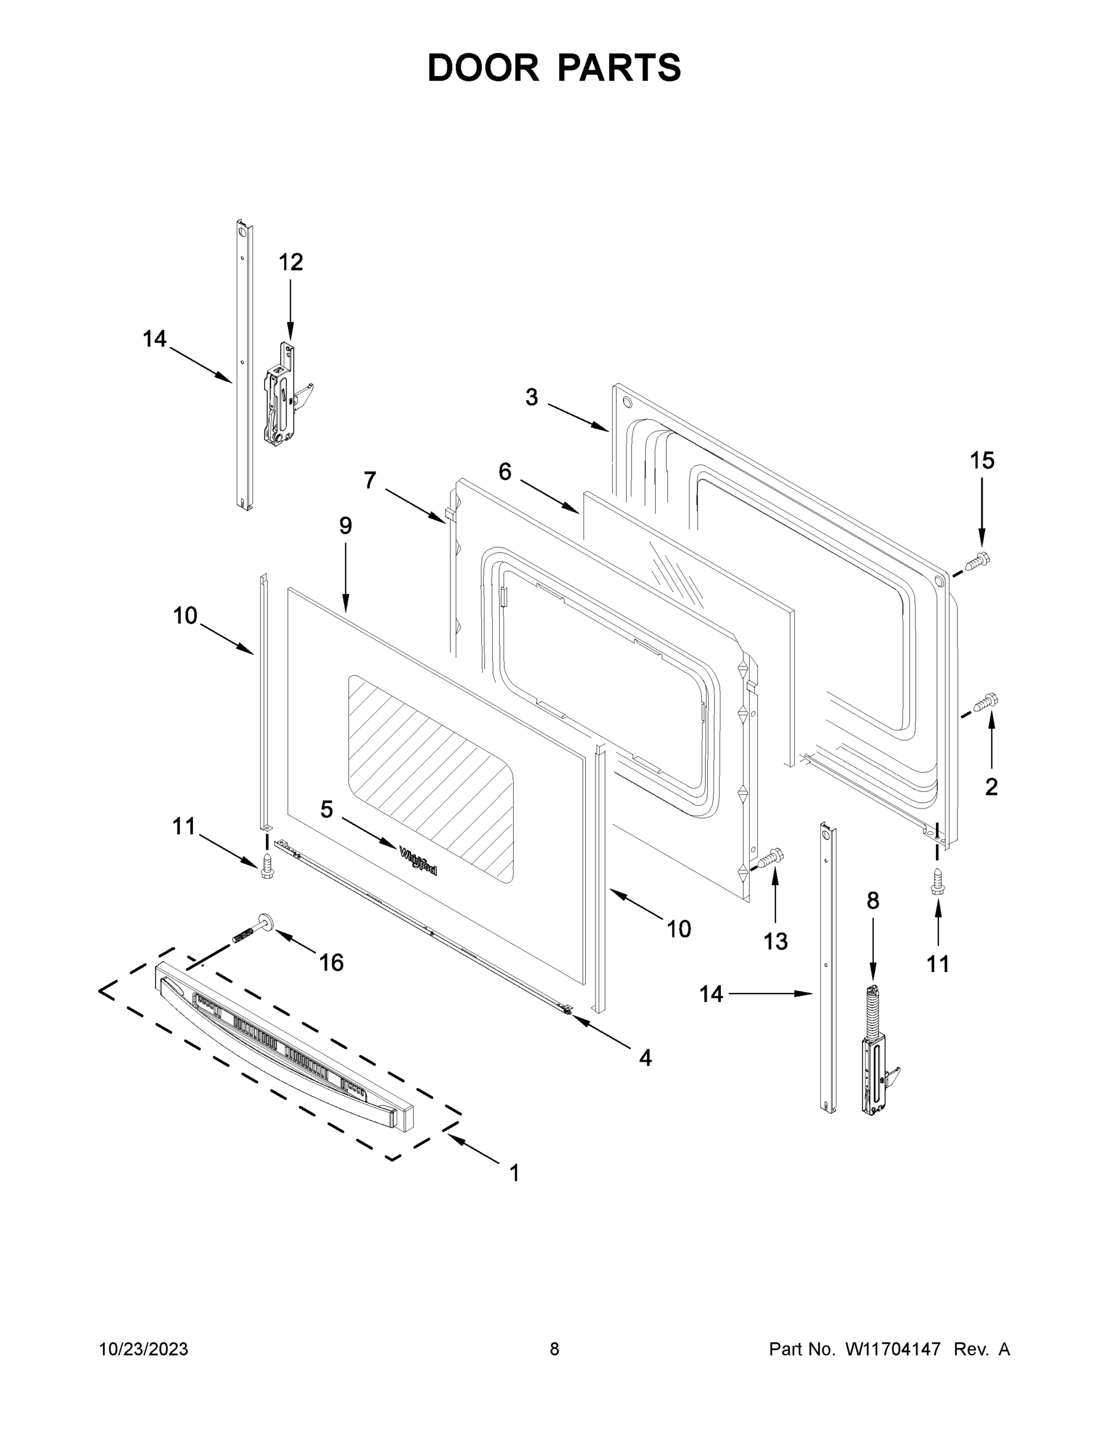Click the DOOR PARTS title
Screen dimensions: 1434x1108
[x=554, y=68]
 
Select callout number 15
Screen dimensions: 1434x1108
[x=982, y=461]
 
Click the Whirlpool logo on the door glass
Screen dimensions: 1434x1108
[x=418, y=861]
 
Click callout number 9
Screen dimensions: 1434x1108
[x=345, y=526]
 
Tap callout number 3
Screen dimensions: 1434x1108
[x=532, y=397]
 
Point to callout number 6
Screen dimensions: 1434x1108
[x=505, y=471]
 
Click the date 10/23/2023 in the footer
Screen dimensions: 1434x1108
[x=143, y=1349]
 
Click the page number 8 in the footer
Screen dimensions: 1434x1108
[x=554, y=1349]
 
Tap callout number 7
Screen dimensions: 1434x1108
[x=370, y=480]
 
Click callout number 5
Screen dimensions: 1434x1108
[x=326, y=810]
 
